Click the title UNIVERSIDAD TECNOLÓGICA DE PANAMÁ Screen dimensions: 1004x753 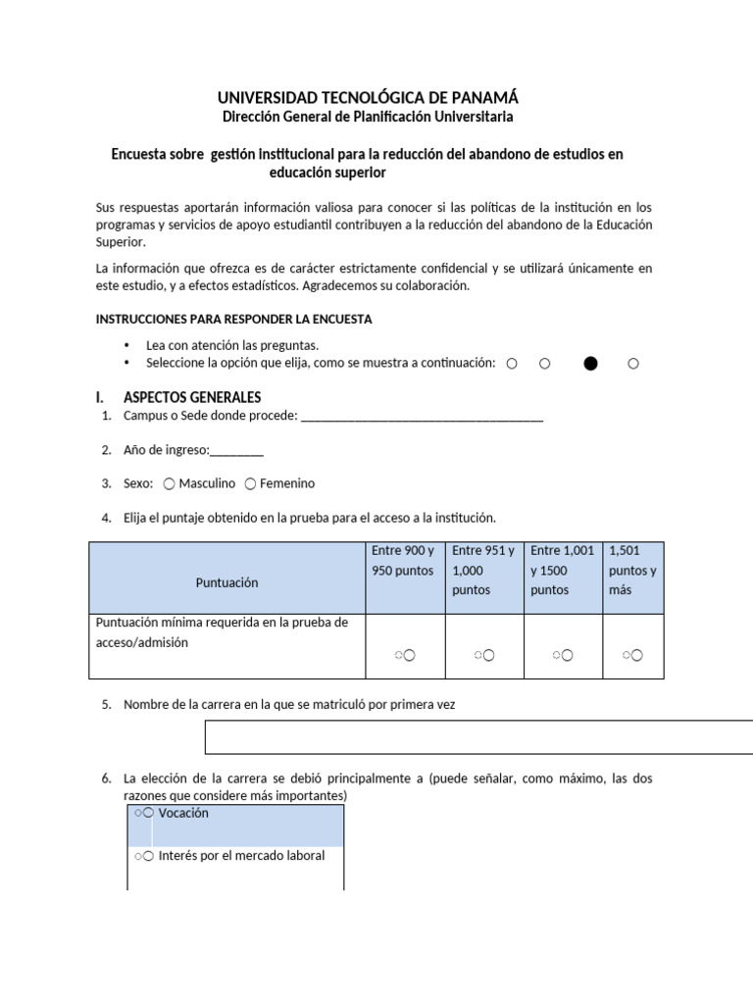point(368,97)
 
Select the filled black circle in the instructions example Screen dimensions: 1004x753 point(590,364)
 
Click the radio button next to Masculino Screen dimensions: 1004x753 point(170,483)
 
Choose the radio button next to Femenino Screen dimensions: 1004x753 point(251,483)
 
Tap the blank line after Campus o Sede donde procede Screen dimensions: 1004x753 point(422,417)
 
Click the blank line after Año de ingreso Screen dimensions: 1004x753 point(236,450)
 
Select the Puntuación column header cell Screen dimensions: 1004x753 point(226,582)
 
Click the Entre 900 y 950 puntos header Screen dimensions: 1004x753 point(404,561)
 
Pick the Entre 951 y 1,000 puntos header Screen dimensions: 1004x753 point(484,571)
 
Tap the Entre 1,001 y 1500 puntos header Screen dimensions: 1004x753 point(563,571)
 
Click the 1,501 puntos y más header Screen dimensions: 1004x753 point(632,571)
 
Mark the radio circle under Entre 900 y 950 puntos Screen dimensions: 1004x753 point(408,655)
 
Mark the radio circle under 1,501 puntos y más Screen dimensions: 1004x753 point(636,655)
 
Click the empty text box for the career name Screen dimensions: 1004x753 point(478,737)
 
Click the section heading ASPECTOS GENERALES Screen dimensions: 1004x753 point(192,398)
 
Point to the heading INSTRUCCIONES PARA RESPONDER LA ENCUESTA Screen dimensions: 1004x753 point(233,320)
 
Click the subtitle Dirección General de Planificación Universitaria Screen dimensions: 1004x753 point(368,117)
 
